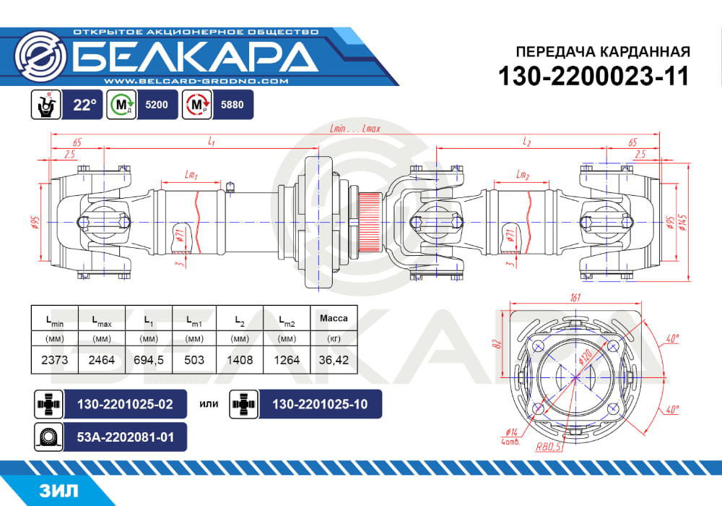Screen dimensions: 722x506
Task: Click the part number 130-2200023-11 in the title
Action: pyautogui.click(x=594, y=76)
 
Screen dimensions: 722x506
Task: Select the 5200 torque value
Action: pyautogui.click(x=157, y=105)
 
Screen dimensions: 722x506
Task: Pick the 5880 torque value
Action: pyautogui.click(x=232, y=105)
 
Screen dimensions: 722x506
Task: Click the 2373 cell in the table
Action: pyautogui.click(x=55, y=360)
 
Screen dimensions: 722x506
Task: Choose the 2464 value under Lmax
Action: pyautogui.click(x=102, y=360)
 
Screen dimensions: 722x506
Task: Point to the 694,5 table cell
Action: pyautogui.click(x=148, y=360)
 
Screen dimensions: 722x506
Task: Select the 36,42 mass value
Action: pyautogui.click(x=334, y=360)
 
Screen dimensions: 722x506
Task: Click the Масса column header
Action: pyautogui.click(x=334, y=318)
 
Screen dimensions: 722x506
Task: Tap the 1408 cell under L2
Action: pyautogui.click(x=240, y=360)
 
